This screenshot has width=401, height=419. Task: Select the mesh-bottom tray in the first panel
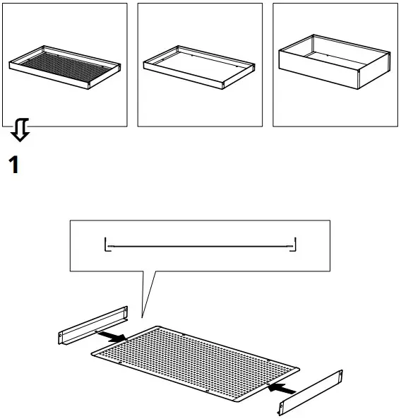pos(64,69)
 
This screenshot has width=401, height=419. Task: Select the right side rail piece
pos(311,394)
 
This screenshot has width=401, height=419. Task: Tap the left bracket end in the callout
pos(107,244)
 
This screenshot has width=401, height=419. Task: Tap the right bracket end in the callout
pos(294,244)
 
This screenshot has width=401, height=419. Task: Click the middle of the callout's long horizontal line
pos(200,247)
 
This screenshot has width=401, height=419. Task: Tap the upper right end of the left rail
pos(126,310)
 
